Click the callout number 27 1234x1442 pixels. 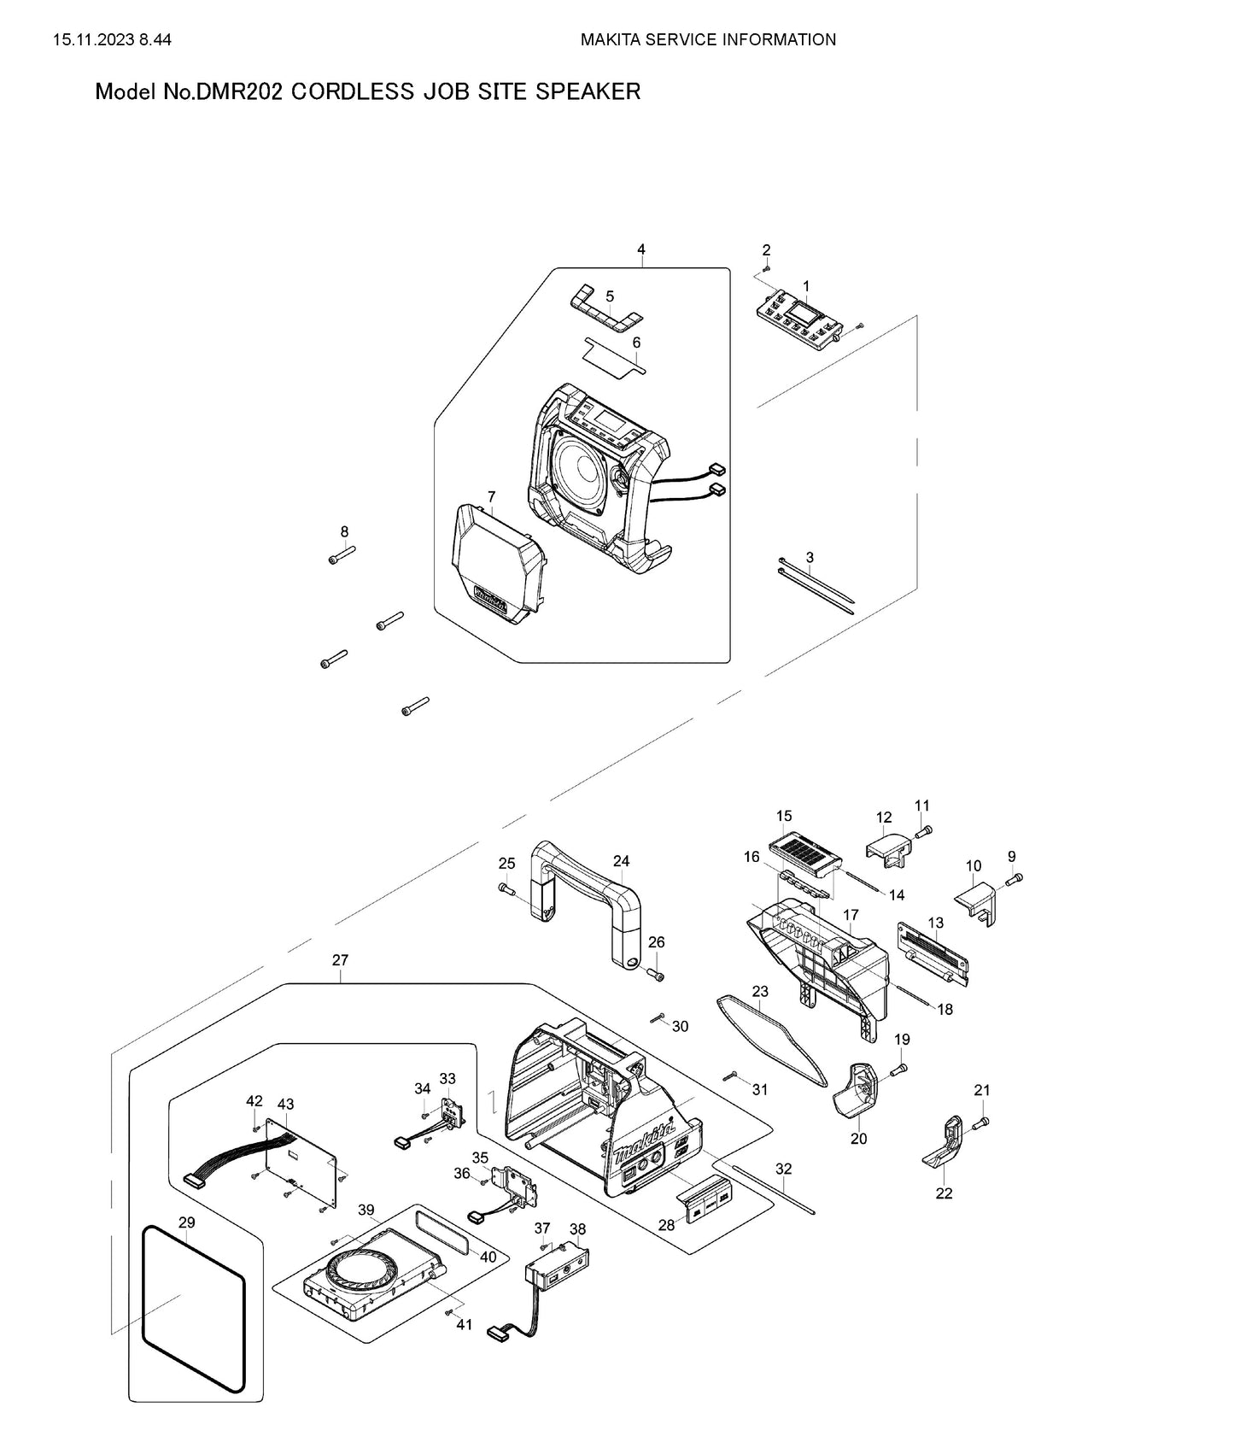pyautogui.click(x=340, y=960)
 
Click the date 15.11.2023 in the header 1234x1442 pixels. pyautogui.click(x=93, y=39)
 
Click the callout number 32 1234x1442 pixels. pyautogui.click(x=783, y=1169)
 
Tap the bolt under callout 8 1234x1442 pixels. pyautogui.click(x=341, y=557)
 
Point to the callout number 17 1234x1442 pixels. pyautogui.click(x=851, y=915)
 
